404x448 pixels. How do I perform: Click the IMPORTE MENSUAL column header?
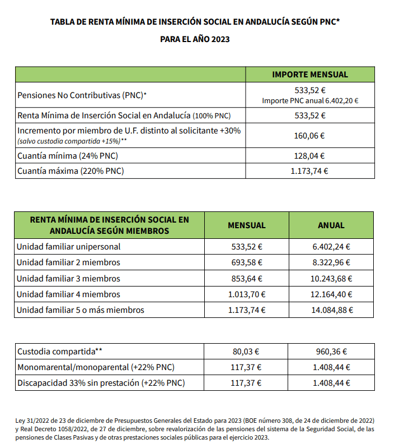pos(309,75)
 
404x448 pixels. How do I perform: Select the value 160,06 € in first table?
pos(309,135)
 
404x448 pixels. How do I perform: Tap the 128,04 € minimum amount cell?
pos(309,156)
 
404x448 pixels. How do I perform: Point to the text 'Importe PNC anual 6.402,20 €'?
pos(309,101)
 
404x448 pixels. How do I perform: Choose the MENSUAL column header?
pos(246,225)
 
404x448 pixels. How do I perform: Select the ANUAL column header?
pos(331,225)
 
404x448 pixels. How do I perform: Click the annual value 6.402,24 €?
pos(331,246)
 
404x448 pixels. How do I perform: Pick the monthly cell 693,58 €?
pos(246,262)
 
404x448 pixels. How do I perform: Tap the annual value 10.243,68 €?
pos(331,278)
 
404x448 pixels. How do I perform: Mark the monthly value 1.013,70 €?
pos(246,294)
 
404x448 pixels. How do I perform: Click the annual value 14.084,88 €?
pos(331,310)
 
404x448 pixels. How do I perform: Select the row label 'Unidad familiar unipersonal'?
pos(68,246)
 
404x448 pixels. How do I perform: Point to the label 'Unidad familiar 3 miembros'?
pos(68,278)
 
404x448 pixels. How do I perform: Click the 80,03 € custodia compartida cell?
pos(246,352)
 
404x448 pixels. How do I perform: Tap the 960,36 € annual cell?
pos(331,352)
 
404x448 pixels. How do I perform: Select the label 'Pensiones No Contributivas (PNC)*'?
pos(82,95)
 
